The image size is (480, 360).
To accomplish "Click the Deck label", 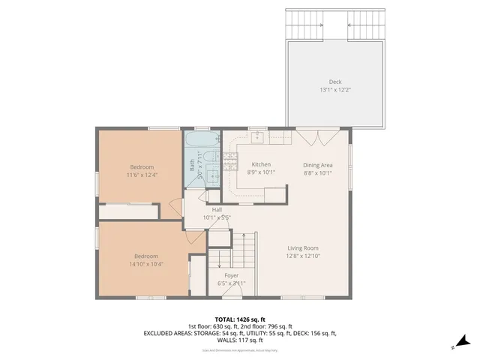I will point(334,82).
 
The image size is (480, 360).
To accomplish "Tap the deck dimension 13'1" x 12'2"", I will point(334,90).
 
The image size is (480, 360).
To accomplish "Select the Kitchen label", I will point(261,164).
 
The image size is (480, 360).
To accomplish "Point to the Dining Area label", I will point(317,164).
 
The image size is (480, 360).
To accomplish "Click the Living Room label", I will point(304,248).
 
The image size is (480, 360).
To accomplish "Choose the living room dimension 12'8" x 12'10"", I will point(304,256).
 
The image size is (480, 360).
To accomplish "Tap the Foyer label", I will point(232,275).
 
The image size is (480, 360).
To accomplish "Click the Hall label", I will point(217,210).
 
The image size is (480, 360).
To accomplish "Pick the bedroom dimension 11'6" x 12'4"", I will point(142,175).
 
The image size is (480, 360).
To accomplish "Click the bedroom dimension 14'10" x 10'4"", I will point(144,264).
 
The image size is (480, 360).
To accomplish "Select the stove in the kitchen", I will point(230,157).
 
